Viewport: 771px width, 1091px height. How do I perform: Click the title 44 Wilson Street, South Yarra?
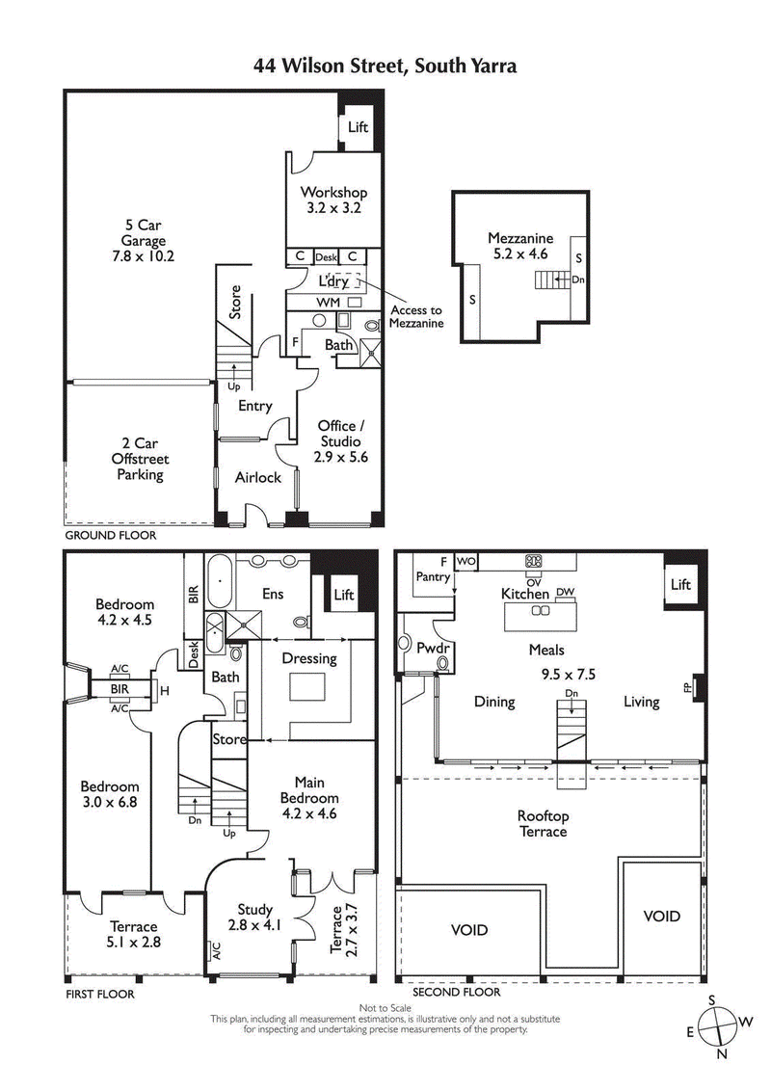pos(385,66)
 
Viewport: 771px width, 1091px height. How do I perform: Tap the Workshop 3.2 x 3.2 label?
pos(333,200)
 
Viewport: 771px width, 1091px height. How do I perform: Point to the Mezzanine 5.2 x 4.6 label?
pos(519,247)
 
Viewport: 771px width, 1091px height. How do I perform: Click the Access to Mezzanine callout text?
pos(415,317)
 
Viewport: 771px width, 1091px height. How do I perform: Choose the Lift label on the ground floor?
pos(358,127)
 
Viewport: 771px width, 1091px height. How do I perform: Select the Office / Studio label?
pos(342,440)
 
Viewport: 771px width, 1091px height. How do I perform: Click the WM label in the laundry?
pos(329,303)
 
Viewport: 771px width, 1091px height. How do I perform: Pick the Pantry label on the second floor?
pos(433,577)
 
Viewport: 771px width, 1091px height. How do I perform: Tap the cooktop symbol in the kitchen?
pos(532,561)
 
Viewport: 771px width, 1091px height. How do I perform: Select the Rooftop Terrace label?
pos(543,823)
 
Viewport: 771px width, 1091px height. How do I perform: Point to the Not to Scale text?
pos(385,1007)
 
